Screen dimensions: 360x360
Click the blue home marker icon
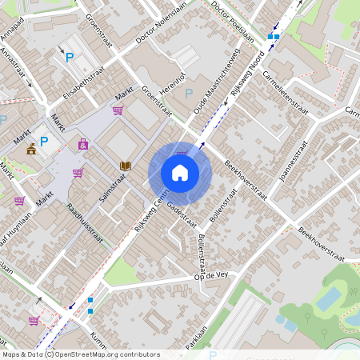tap(180, 172)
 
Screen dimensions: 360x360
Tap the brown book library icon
tap(124, 166)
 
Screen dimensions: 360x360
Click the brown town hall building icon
tap(31, 149)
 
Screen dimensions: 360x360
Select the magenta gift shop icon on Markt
tap(83, 145)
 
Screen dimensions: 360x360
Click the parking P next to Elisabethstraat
tap(70, 57)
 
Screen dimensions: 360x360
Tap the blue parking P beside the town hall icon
tap(45, 142)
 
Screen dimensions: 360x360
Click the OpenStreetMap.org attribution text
tap(102, 354)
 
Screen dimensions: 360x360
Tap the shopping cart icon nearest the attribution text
tap(33, 321)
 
